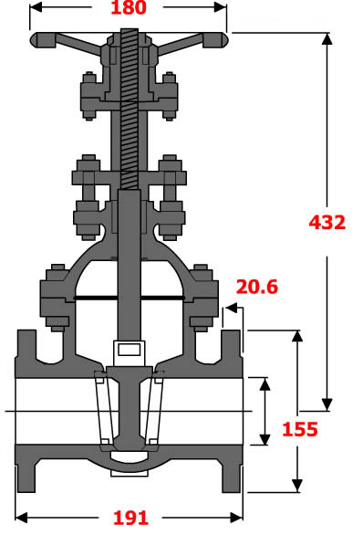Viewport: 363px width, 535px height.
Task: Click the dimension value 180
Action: click(129, 9)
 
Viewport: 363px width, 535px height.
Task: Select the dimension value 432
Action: click(327, 222)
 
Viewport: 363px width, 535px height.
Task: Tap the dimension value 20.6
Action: click(256, 287)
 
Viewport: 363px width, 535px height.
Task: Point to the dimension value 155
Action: click(299, 429)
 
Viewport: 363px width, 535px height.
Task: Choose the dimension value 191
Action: click(130, 518)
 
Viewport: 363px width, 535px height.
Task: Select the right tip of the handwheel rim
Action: click(224, 40)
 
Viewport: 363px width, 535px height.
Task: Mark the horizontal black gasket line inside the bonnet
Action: click(128, 298)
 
